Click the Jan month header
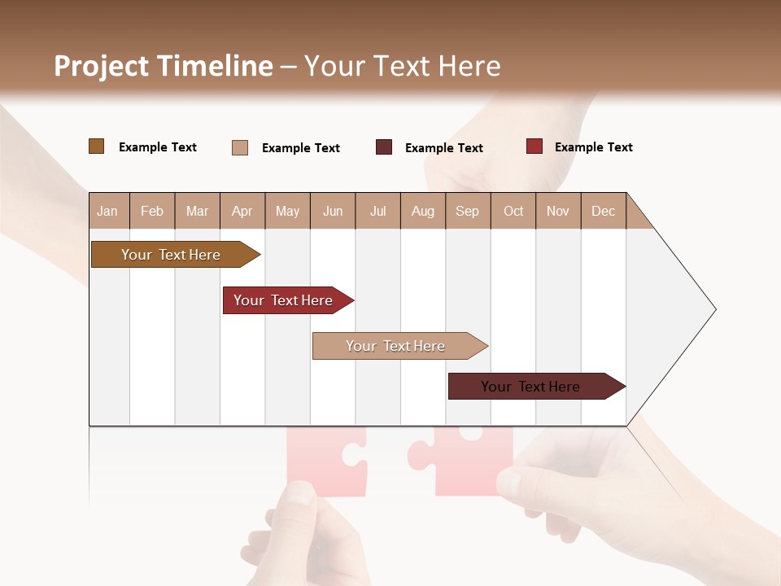coord(107,211)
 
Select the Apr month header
coord(242,211)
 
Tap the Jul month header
coord(377,211)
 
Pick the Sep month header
coord(467,211)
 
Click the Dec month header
coord(603,211)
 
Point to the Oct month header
coord(513,211)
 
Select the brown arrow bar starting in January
coord(171,255)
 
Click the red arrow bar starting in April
coord(283,300)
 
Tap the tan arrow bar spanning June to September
coord(395,346)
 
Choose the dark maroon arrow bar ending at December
coord(530,387)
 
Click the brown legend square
coord(96,146)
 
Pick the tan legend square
coord(239,147)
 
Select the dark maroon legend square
coord(384,147)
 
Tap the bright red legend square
coord(534,146)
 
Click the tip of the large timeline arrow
coord(713,309)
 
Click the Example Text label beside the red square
coord(593,147)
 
